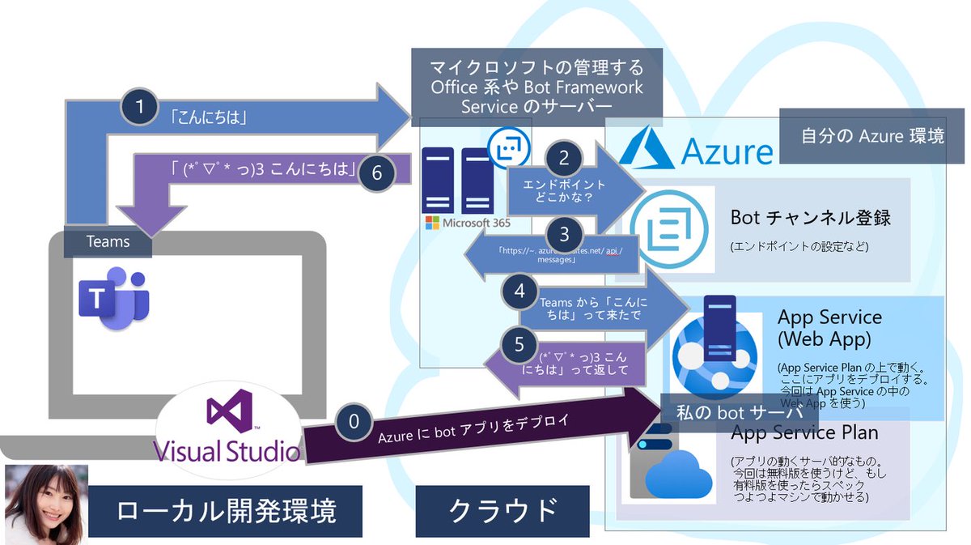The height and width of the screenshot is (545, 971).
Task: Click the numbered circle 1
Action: click(x=138, y=105)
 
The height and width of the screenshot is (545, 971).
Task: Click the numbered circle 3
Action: click(x=565, y=235)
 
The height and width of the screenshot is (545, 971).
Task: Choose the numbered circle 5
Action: click(x=519, y=344)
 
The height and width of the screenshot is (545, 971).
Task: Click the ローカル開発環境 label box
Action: click(x=226, y=510)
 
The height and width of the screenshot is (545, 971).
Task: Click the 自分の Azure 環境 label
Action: click(x=872, y=136)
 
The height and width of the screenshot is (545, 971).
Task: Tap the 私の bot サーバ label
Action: click(x=739, y=411)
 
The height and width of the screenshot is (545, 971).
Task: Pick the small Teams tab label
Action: click(x=108, y=241)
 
